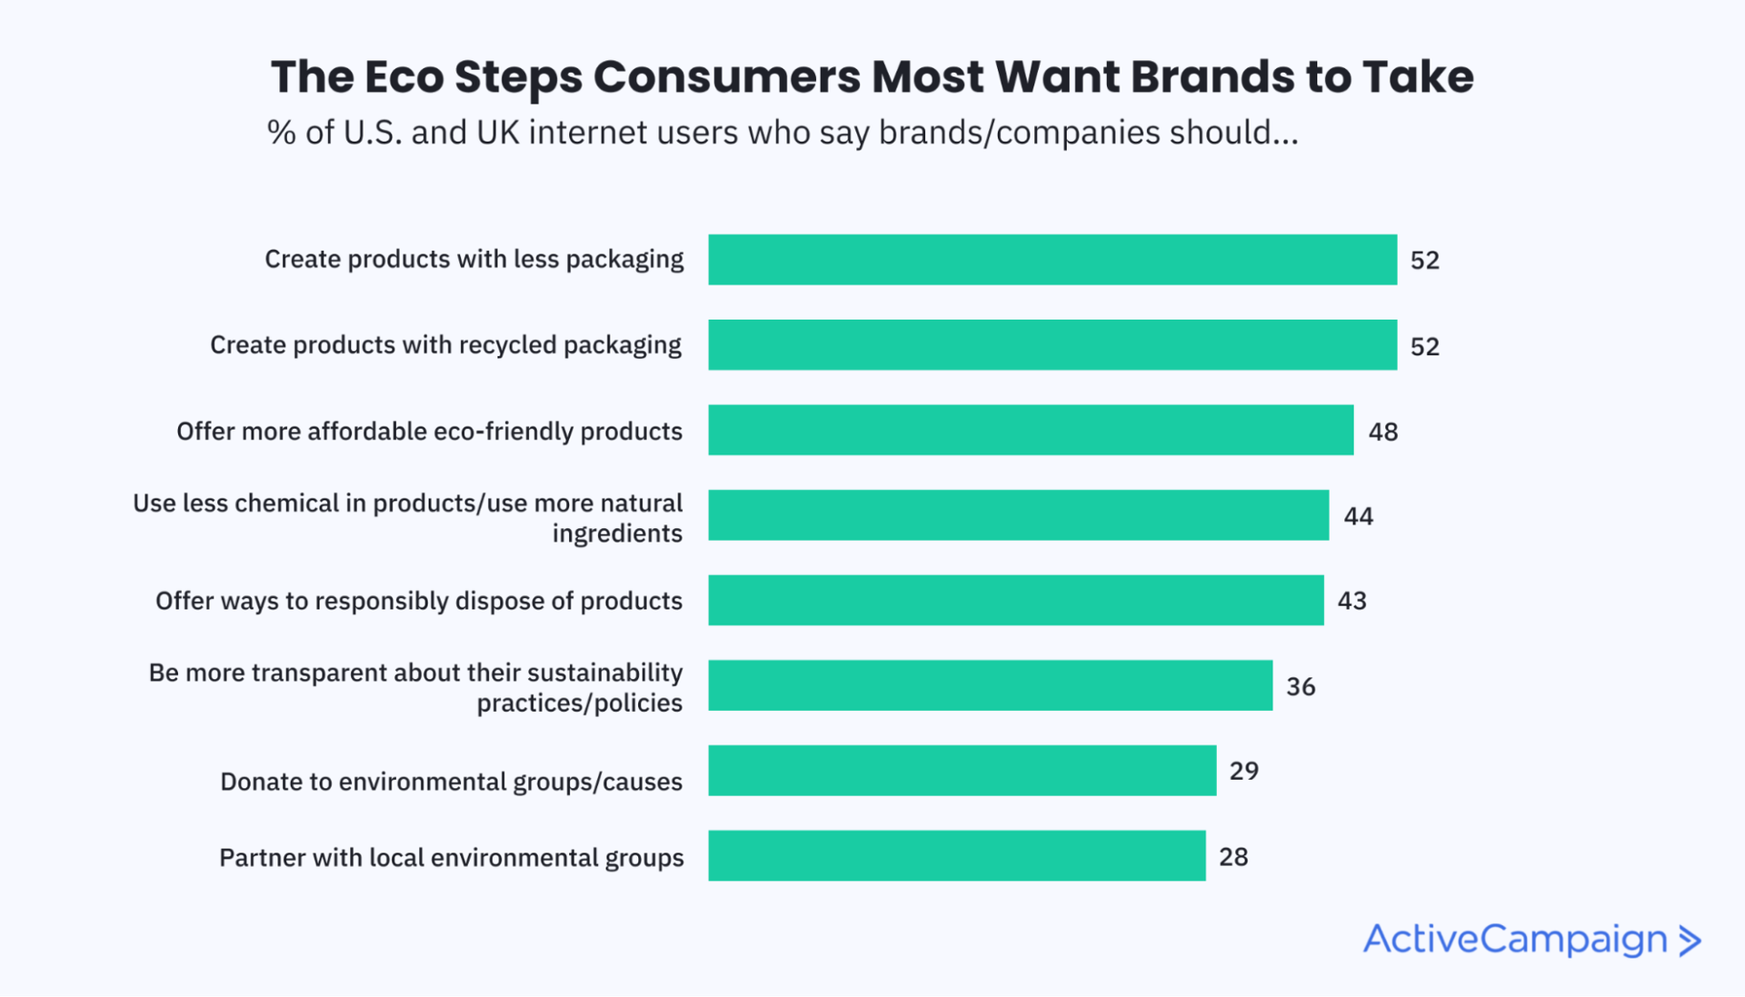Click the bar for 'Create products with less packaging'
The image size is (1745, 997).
pyautogui.click(x=1052, y=260)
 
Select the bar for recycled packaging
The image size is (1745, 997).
pyautogui.click(x=1052, y=344)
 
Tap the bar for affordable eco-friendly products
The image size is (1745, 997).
pyautogui.click(x=1031, y=430)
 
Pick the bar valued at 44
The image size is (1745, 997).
pyautogui.click(x=1018, y=515)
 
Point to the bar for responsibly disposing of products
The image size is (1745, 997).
pyautogui.click(x=1016, y=600)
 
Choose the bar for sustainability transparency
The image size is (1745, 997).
pyautogui.click(x=991, y=685)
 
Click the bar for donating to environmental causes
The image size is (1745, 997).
pyautogui.click(x=962, y=771)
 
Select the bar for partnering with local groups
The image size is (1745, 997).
pyautogui.click(x=957, y=855)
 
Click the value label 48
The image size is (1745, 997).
pyautogui.click(x=1383, y=432)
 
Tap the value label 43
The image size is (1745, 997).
pyautogui.click(x=1352, y=601)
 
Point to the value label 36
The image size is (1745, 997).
pyautogui.click(x=1301, y=687)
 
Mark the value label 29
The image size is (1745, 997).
pyautogui.click(x=1244, y=772)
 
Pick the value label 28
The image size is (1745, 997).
pyautogui.click(x=1233, y=857)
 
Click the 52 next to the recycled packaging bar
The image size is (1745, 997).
pyautogui.click(x=1425, y=346)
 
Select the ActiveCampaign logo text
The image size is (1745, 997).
pyautogui.click(x=1515, y=940)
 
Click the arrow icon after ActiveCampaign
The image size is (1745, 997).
pyautogui.click(x=1690, y=941)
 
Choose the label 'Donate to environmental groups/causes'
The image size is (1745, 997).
pyautogui.click(x=451, y=782)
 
